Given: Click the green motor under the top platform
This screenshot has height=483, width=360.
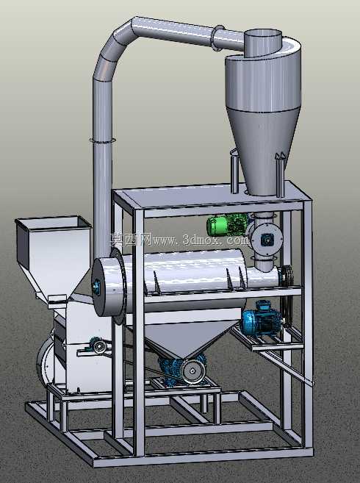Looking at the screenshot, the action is pos(227,224).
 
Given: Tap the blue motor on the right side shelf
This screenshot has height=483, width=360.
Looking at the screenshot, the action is pos(261,319).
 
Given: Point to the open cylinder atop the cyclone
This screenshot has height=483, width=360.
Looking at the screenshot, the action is pos(263,43).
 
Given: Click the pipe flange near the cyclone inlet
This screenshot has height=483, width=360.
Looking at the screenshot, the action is pos(218,37).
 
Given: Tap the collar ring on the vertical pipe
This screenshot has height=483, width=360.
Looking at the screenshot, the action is pos(103,140).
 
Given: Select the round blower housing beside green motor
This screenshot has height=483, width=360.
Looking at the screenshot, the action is pos(267,238).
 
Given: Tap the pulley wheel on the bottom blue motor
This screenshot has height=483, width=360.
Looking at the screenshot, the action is pos(193,371).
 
